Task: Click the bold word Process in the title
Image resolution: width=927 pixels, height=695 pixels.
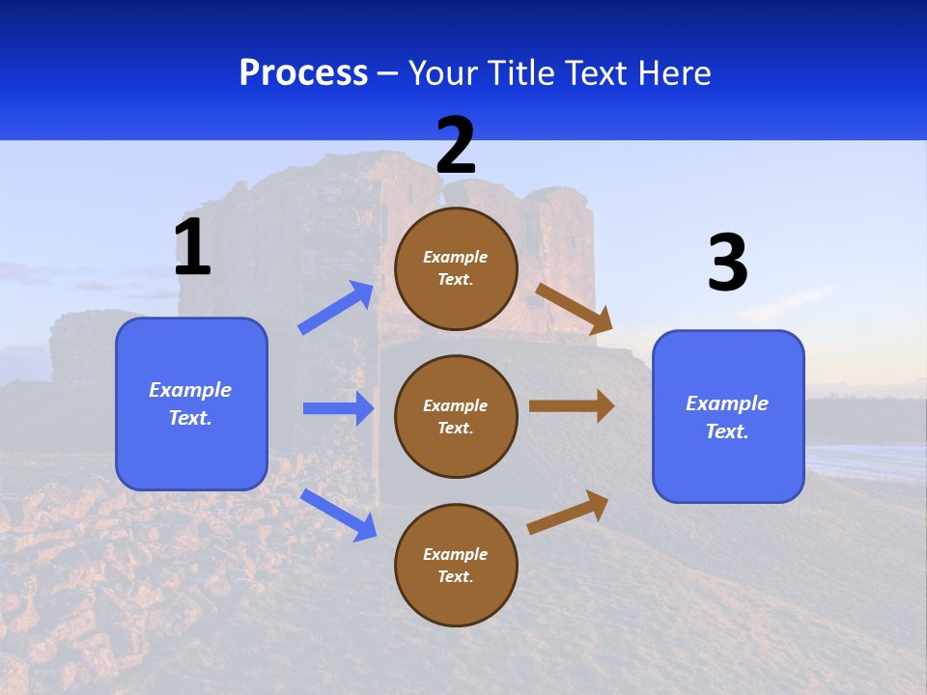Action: coord(303,73)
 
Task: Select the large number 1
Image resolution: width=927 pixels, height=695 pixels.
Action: coord(192,247)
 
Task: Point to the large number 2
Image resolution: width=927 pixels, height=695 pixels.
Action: coord(456,146)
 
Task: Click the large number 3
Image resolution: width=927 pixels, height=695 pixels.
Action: coord(727,263)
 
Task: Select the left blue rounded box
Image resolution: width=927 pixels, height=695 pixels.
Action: coord(191,403)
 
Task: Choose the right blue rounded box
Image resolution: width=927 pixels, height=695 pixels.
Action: coord(728,417)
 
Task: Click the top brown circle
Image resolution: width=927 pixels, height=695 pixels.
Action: coord(456,268)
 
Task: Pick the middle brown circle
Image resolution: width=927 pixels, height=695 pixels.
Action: coord(456,416)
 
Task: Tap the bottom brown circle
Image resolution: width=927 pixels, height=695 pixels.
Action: coord(456,565)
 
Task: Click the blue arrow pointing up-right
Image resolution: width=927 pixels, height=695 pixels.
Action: coord(336,308)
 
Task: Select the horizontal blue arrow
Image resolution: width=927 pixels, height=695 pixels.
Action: coord(338,408)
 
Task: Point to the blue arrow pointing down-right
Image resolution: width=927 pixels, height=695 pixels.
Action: coord(338,514)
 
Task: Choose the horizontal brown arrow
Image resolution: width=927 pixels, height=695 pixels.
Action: coord(572,406)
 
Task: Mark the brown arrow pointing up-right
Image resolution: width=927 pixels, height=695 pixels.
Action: coord(569,512)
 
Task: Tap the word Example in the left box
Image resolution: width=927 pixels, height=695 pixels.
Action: coord(190,390)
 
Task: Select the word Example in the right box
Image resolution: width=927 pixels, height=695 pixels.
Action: coord(727,403)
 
